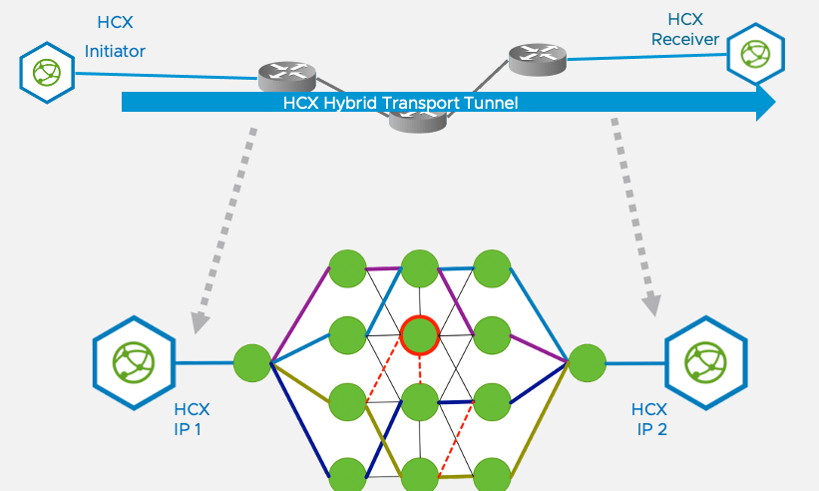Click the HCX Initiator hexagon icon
tap(47, 72)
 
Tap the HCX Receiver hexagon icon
tap(755, 54)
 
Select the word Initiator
tap(115, 51)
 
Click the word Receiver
tap(685, 40)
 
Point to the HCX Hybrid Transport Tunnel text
tap(401, 103)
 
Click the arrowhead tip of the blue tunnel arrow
tap(773, 102)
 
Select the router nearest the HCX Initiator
tap(287, 73)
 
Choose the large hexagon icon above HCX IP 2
tap(705, 362)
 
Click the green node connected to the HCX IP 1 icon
tap(252, 362)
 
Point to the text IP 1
tap(192, 430)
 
